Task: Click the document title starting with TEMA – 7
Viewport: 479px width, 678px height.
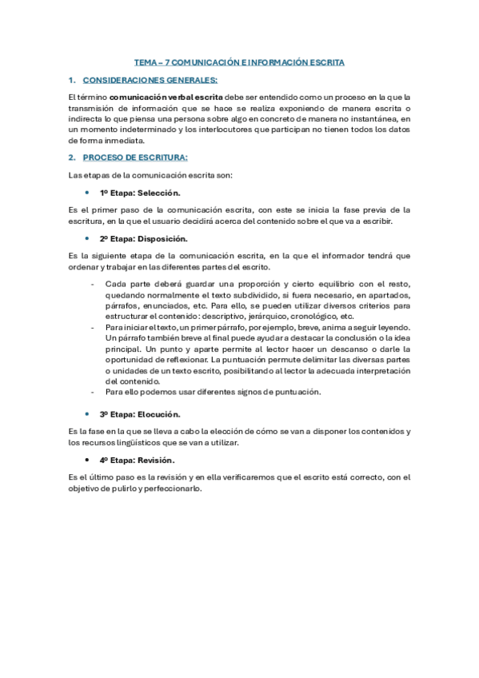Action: (239, 64)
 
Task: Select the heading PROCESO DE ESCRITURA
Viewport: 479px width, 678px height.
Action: (135, 157)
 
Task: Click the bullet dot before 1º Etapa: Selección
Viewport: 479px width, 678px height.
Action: (86, 193)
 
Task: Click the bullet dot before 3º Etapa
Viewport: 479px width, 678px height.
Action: (86, 414)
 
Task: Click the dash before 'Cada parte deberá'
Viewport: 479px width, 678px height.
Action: (94, 285)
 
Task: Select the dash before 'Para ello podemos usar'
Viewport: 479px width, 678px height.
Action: (94, 392)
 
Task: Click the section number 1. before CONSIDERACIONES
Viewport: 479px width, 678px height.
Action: (72, 80)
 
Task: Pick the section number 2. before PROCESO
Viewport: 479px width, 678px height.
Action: (72, 157)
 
